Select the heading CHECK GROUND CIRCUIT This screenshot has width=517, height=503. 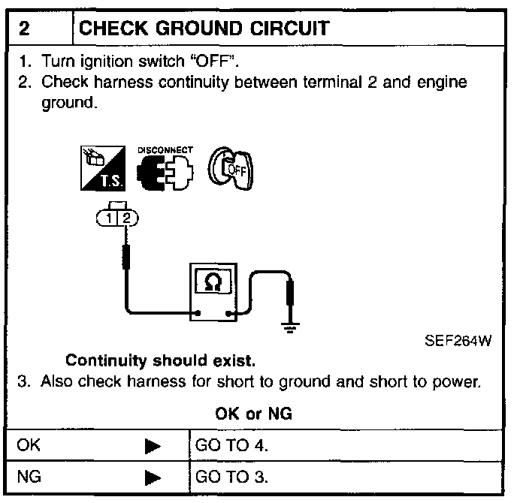coord(204,29)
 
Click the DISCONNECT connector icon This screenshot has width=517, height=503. coord(164,170)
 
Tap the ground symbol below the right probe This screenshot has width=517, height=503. coord(290,324)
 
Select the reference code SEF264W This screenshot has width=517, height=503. coord(458,341)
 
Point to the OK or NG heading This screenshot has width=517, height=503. coord(253,414)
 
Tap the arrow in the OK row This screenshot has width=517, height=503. coord(153,446)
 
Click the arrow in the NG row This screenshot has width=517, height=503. coord(153,478)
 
